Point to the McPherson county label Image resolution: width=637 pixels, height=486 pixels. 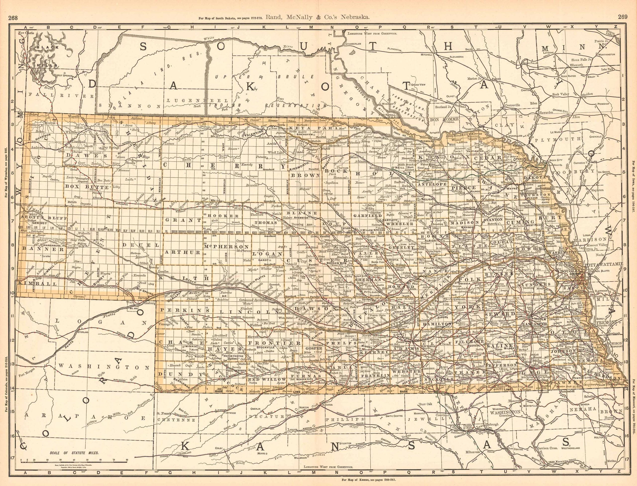pos(226,246)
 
